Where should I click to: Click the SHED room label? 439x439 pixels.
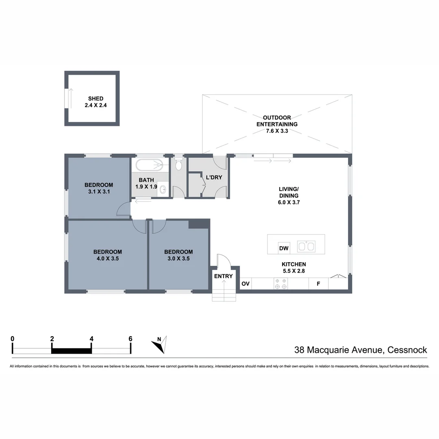96,98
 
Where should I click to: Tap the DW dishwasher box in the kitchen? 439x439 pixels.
284,248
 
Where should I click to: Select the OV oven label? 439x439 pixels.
246,284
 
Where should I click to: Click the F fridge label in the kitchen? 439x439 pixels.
318,284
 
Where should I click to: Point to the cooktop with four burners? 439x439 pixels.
280,284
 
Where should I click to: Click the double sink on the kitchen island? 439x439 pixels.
306,246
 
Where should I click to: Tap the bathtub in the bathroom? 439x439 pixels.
149,165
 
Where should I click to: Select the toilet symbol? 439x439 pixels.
178,165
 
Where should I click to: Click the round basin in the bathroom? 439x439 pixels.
163,189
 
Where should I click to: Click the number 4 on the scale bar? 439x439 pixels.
91,338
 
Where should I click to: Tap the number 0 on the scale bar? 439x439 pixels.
13,338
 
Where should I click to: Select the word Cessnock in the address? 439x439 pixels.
407,350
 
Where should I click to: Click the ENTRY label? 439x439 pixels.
224,276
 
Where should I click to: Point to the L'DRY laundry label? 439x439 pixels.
214,177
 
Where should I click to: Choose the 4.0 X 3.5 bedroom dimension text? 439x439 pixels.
107,258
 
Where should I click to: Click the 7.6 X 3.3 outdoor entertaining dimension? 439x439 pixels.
277,131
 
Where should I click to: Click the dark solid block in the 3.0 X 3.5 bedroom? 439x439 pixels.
199,224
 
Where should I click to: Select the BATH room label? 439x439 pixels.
146,180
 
